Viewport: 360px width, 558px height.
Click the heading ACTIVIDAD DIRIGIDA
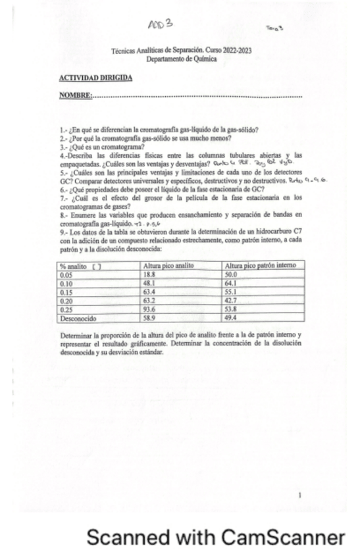click(x=95, y=78)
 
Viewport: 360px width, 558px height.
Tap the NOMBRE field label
click(x=75, y=96)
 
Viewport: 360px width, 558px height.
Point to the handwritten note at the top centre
click(x=161, y=25)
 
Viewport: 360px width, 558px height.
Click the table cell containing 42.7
click(x=231, y=300)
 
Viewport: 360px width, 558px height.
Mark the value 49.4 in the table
click(x=231, y=318)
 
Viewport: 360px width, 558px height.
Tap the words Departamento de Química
click(x=181, y=58)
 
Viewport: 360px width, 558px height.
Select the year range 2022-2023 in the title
click(x=236, y=50)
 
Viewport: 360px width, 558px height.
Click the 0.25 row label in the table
click(x=66, y=309)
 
